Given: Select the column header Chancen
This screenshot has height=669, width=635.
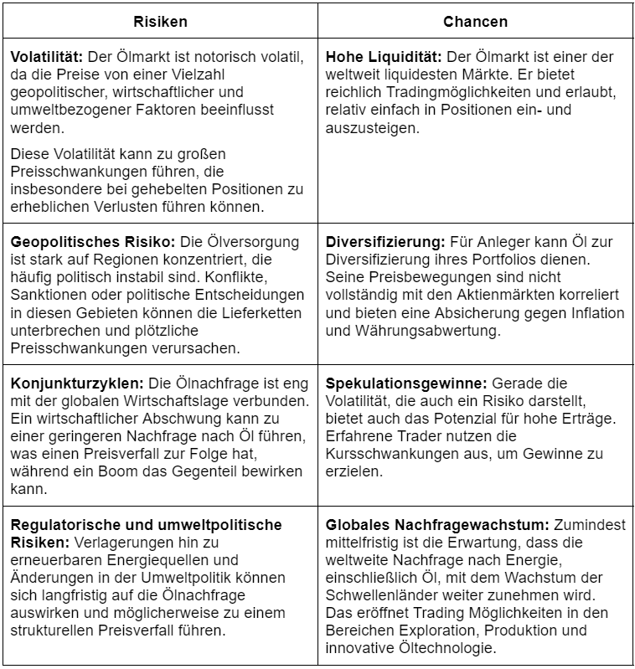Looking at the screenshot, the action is (x=475, y=21).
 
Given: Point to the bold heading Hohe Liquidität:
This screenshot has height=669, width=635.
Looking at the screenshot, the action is (x=384, y=57).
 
